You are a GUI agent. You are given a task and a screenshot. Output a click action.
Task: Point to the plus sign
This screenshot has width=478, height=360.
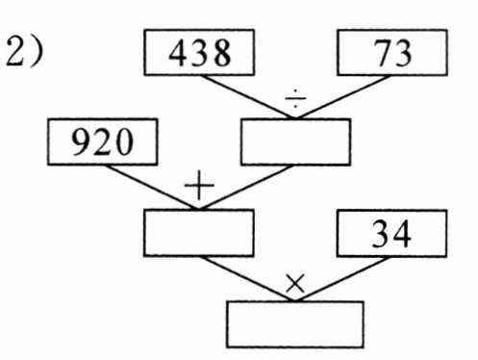click(x=199, y=186)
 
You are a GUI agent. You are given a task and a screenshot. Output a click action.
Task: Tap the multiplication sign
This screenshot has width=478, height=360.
click(x=295, y=284)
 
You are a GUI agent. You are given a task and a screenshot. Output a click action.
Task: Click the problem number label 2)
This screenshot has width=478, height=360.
click(x=24, y=51)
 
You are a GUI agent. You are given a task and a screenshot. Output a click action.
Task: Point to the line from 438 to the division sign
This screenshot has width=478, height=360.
click(x=248, y=97)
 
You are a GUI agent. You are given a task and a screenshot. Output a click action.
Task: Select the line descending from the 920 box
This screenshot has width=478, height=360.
click(x=152, y=188)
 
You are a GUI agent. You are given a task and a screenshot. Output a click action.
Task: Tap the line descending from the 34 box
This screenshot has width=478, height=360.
click(x=342, y=279)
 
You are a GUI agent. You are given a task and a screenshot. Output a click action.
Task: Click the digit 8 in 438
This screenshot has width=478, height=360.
click(x=221, y=53)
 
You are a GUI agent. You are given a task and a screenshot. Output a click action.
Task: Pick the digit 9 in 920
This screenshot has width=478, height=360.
click(x=81, y=142)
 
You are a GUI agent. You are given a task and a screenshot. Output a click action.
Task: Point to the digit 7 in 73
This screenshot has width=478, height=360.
click(x=383, y=53)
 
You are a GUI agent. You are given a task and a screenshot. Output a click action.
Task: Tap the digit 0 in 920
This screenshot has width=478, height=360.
click(x=123, y=142)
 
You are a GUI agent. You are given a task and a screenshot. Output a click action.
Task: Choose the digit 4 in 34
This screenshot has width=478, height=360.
click(x=401, y=234)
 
